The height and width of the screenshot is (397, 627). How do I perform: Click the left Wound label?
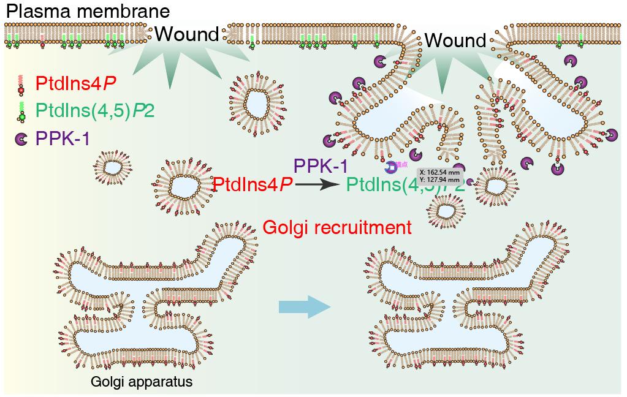186,34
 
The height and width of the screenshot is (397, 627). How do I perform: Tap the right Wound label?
455,41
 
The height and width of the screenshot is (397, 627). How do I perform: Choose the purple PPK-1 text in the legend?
63,139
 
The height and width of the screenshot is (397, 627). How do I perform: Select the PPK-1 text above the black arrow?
321,165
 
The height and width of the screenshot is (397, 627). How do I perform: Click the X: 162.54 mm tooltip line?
439,173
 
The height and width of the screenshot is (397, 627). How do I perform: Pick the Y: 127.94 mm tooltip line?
439,180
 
